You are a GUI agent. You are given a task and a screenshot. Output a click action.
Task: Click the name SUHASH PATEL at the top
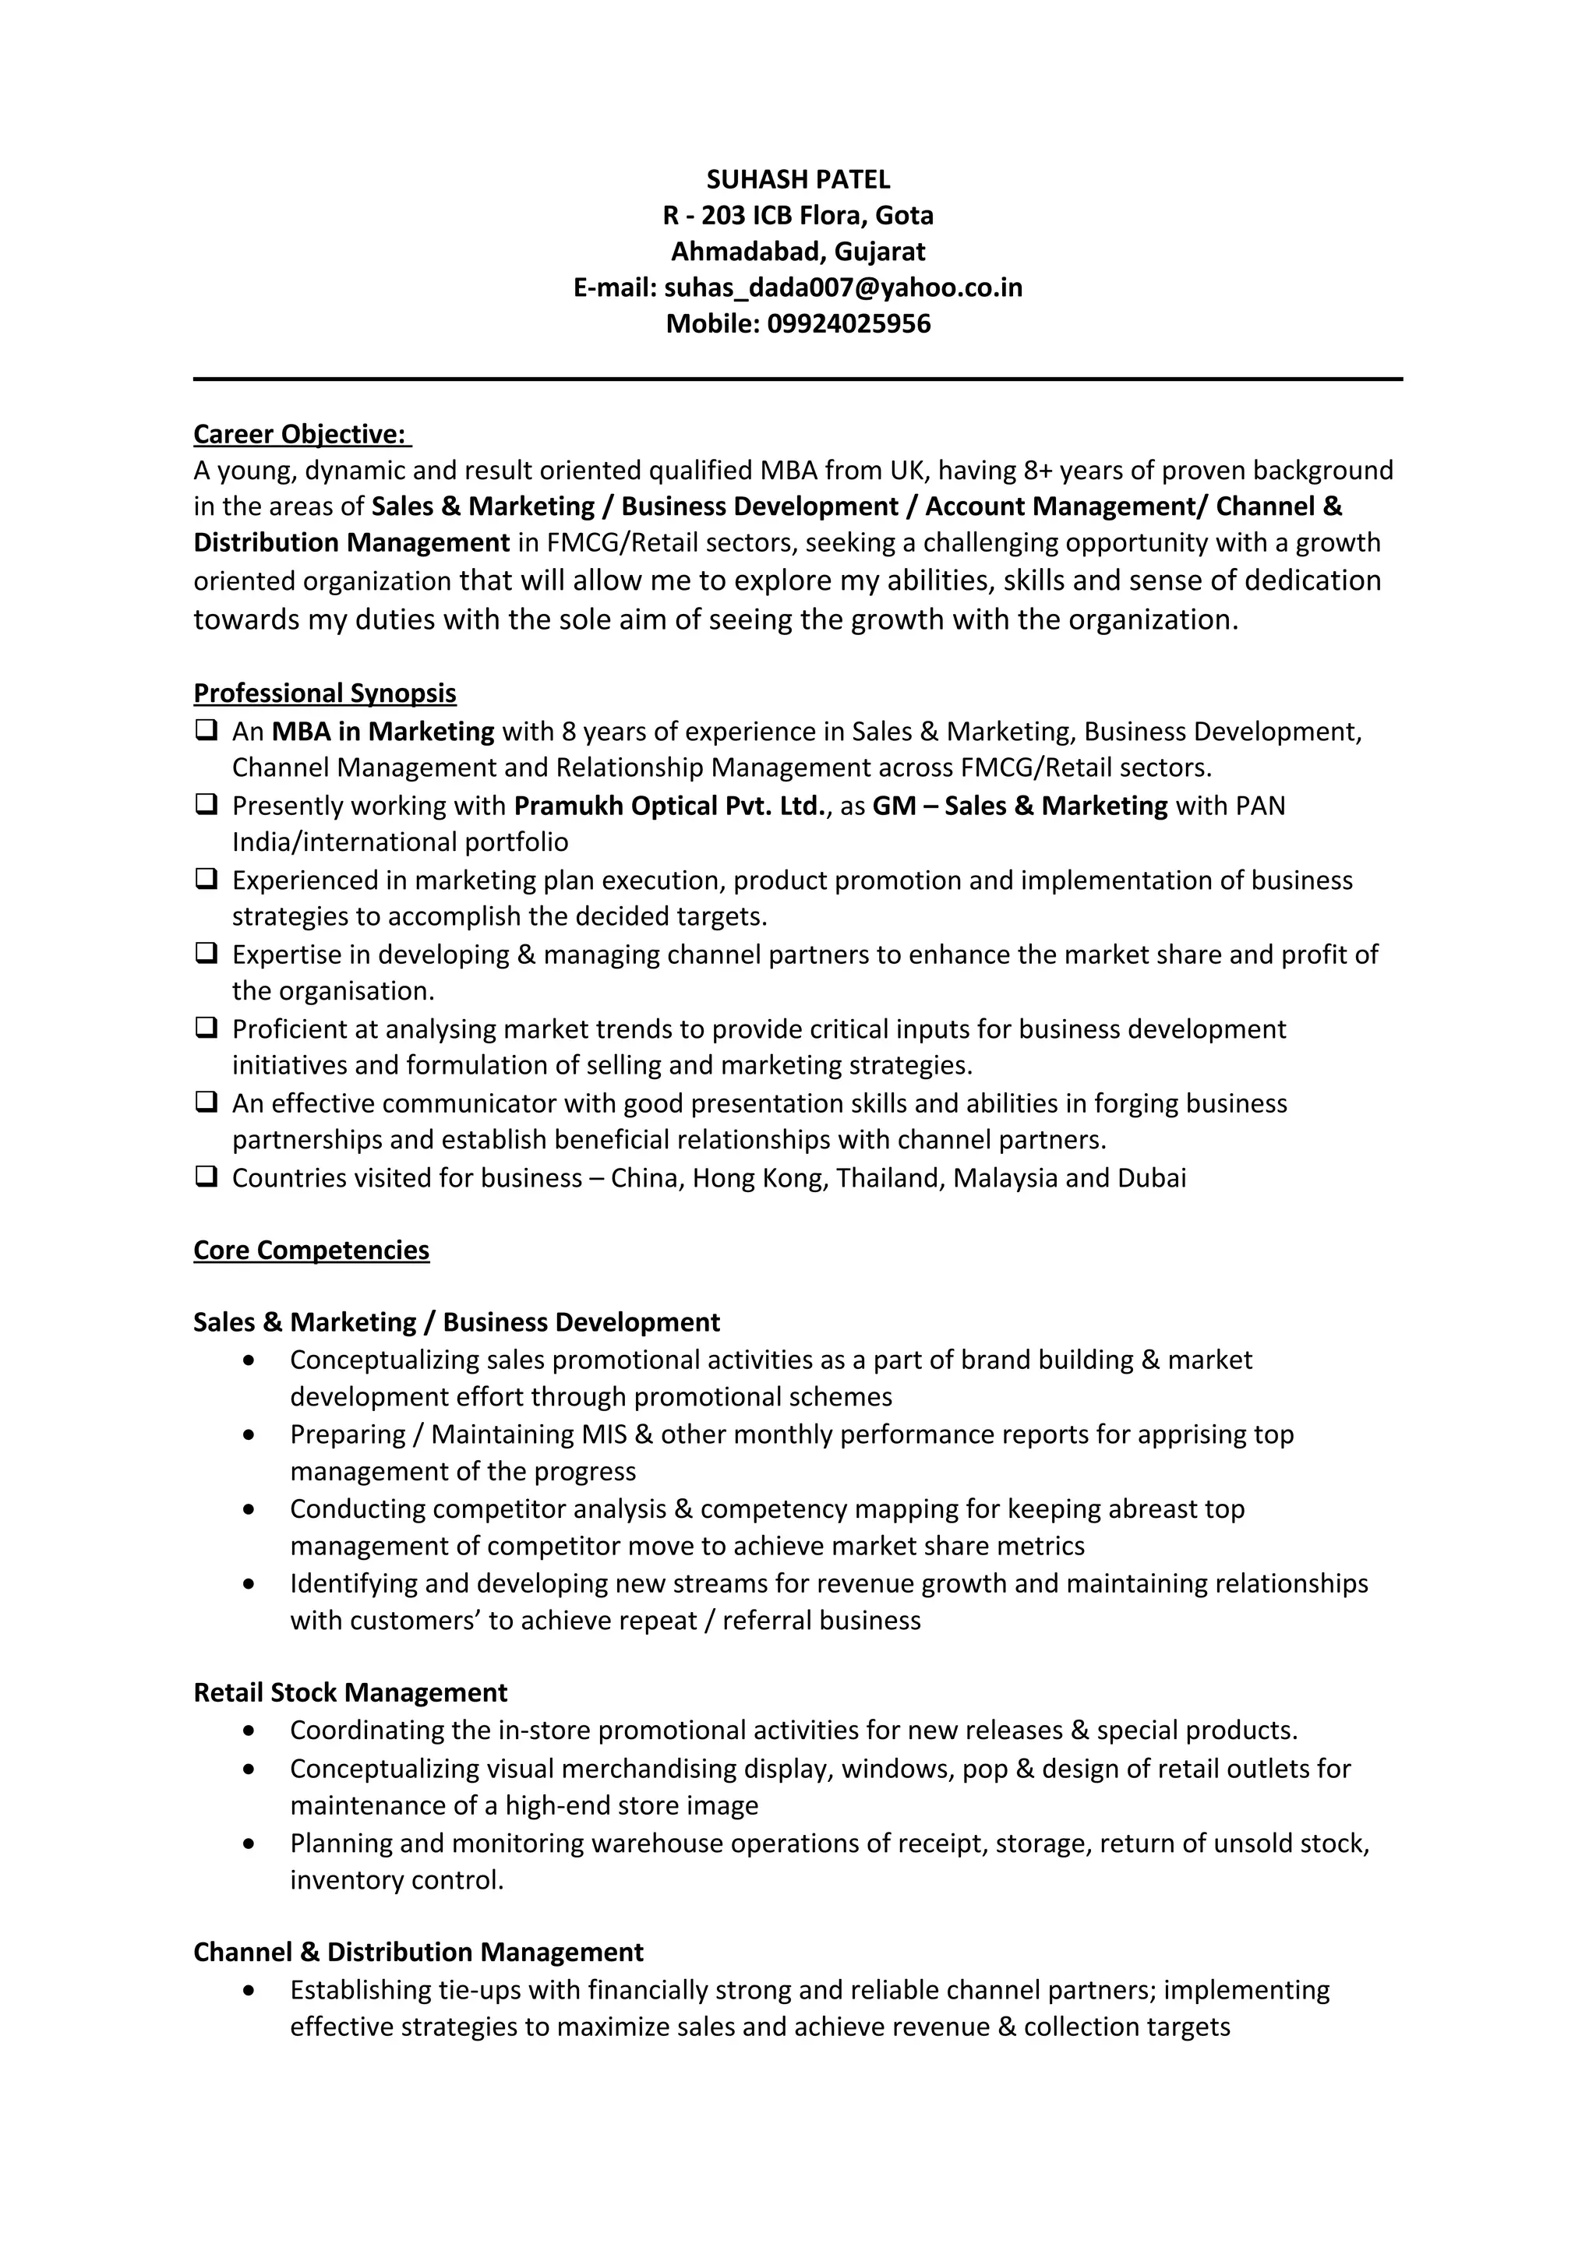797,179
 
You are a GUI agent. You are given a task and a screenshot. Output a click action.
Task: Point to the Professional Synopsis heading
324,693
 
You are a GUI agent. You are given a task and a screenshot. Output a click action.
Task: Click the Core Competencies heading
311,1250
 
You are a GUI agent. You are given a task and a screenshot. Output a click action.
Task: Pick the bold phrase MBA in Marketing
383,732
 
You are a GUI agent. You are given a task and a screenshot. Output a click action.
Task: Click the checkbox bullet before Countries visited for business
206,1177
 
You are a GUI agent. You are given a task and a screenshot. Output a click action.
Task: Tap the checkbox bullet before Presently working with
206,804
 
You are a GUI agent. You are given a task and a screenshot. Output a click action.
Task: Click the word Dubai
1152,1178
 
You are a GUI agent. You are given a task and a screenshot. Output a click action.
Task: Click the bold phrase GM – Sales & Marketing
1020,806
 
